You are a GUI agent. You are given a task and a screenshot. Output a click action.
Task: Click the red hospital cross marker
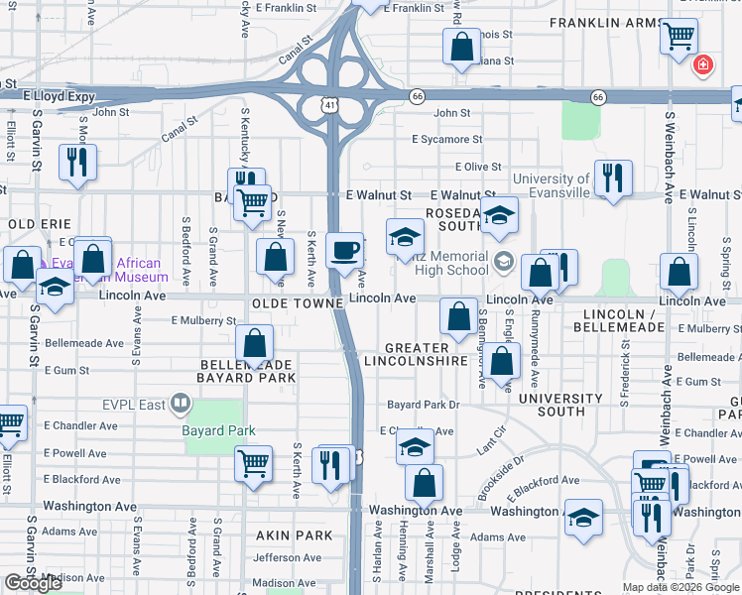click(x=703, y=64)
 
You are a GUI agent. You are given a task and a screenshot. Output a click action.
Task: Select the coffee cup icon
click(x=344, y=250)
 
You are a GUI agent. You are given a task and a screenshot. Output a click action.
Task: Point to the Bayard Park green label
click(x=218, y=430)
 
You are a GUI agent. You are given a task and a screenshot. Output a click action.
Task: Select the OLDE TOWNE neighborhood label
click(x=297, y=301)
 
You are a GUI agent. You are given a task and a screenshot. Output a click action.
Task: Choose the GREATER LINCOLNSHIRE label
click(x=426, y=354)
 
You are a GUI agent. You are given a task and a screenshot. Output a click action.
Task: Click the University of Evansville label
click(x=551, y=185)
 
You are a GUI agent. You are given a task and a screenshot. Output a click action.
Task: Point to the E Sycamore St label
click(x=447, y=140)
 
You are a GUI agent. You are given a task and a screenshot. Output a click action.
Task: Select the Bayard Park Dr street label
click(x=424, y=405)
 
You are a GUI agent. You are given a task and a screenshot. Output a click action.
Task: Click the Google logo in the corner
click(x=34, y=583)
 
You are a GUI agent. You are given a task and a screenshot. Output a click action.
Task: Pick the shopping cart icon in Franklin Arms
click(x=679, y=37)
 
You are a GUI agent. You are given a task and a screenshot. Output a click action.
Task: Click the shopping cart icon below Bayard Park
click(x=254, y=463)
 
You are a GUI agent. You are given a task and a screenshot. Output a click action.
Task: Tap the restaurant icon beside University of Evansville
click(x=612, y=178)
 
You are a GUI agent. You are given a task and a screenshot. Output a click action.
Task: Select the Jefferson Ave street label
click(x=288, y=557)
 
